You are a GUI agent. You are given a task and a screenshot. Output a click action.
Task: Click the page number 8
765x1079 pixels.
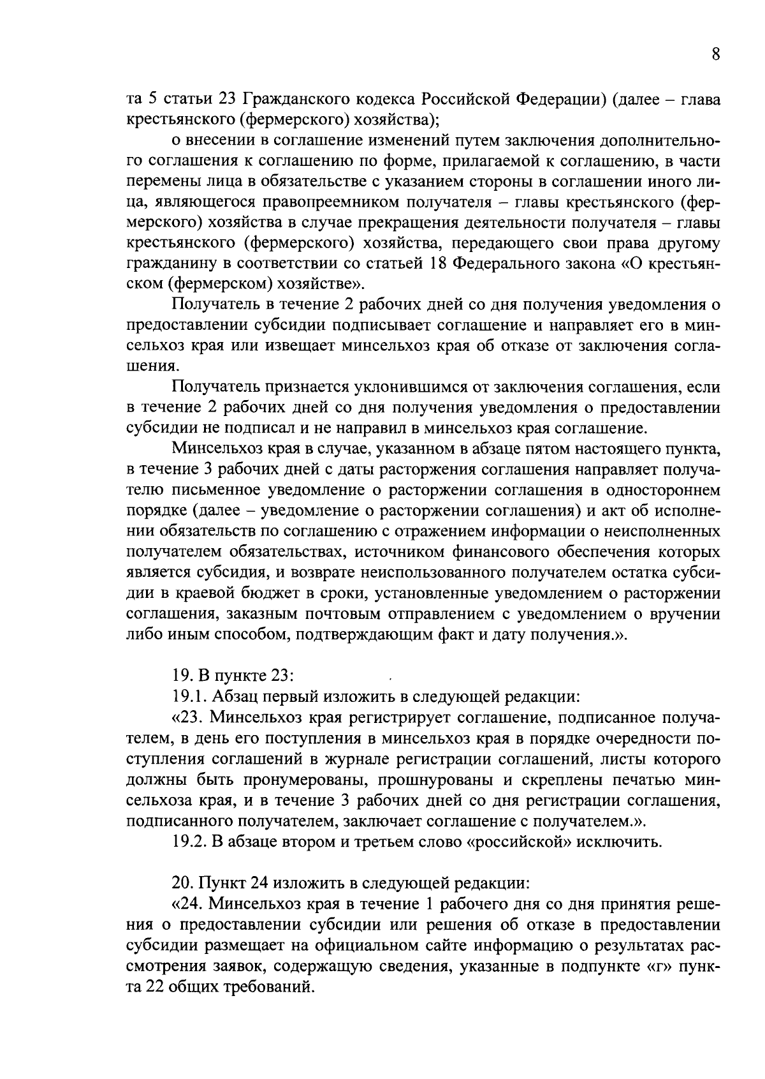tap(716, 55)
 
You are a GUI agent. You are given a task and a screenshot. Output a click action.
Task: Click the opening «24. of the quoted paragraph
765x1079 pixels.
tap(188, 905)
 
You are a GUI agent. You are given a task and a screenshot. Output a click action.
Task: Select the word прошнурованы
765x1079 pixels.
tap(430, 780)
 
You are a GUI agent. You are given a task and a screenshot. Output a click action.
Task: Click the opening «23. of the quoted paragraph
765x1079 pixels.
tap(188, 718)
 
